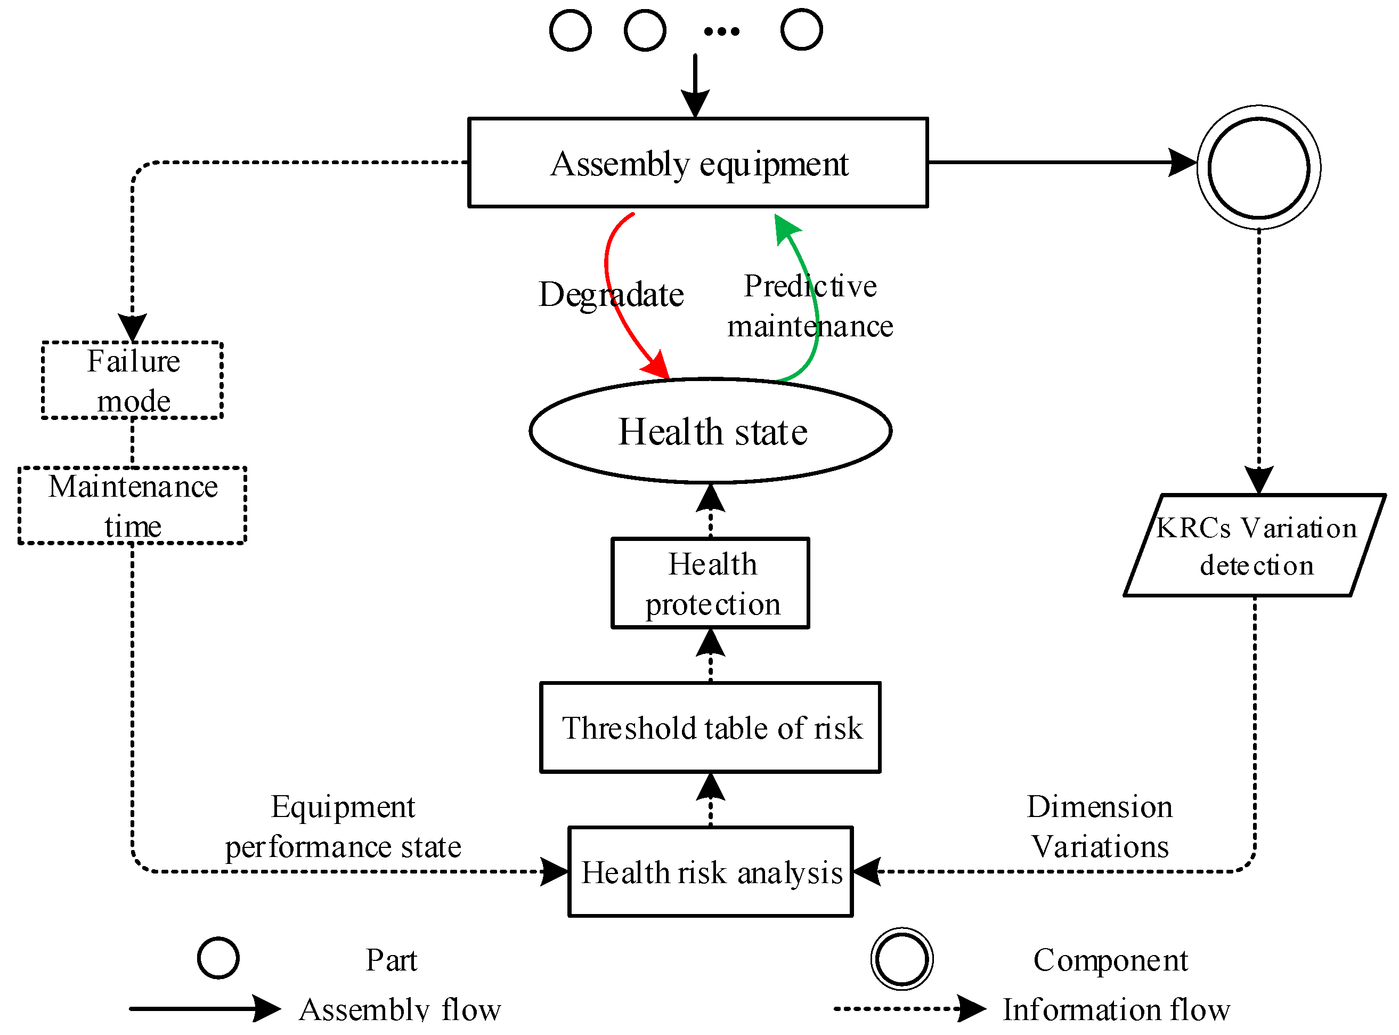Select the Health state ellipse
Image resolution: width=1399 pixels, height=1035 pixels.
click(710, 431)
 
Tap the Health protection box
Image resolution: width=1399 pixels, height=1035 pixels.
click(710, 583)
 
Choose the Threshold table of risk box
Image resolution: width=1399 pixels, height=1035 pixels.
click(710, 727)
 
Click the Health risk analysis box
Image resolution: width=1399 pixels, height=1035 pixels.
click(710, 871)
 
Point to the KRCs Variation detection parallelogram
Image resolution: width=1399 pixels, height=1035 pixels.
click(1255, 545)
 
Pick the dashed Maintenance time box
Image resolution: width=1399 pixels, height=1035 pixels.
click(132, 505)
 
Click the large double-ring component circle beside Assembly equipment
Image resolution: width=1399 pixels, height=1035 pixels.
click(1259, 168)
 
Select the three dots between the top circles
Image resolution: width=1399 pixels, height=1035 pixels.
click(721, 31)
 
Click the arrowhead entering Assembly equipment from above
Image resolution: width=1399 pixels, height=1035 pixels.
click(695, 103)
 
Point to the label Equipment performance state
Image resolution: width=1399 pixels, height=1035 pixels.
click(343, 827)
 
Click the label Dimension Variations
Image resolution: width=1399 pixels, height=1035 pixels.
click(1100, 827)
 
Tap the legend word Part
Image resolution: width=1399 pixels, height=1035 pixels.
click(392, 960)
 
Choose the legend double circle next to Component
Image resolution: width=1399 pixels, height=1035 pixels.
click(902, 959)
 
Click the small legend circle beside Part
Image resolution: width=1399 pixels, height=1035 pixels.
click(218, 958)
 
